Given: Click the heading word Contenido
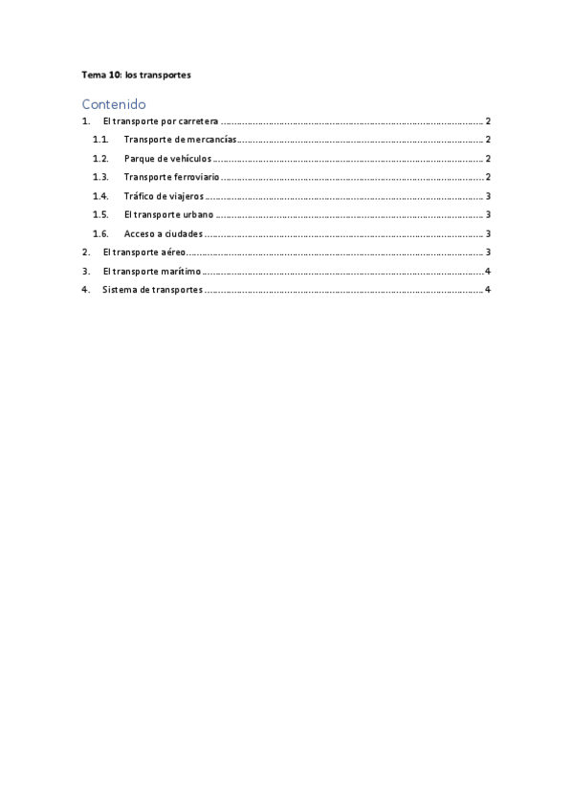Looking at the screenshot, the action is [x=113, y=103].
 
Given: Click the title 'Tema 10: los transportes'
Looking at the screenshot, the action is [x=136, y=75].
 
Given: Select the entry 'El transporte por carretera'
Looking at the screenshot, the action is [x=161, y=121].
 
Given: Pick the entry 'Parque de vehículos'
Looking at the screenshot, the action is [x=167, y=159].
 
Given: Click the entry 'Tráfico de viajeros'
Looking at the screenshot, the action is [x=164, y=196].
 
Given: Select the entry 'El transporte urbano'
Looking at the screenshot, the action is [x=168, y=215].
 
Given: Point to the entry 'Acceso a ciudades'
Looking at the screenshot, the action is [x=163, y=233].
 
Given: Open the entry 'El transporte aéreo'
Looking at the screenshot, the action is [x=143, y=252].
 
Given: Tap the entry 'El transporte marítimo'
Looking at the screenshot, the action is [x=151, y=272].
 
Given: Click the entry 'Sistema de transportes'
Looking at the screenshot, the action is [x=152, y=290].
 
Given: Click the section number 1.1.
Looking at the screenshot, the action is [x=99, y=140].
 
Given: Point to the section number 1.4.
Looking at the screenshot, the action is [x=99, y=196].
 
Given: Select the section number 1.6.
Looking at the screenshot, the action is [x=99, y=233].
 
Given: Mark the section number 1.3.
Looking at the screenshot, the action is [x=99, y=177].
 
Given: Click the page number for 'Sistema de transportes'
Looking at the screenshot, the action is [x=488, y=290].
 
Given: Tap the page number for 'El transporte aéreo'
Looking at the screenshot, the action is [x=488, y=252].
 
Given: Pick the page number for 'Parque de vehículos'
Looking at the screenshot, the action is [x=488, y=159].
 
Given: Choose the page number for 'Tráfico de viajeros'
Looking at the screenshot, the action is [x=488, y=196].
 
